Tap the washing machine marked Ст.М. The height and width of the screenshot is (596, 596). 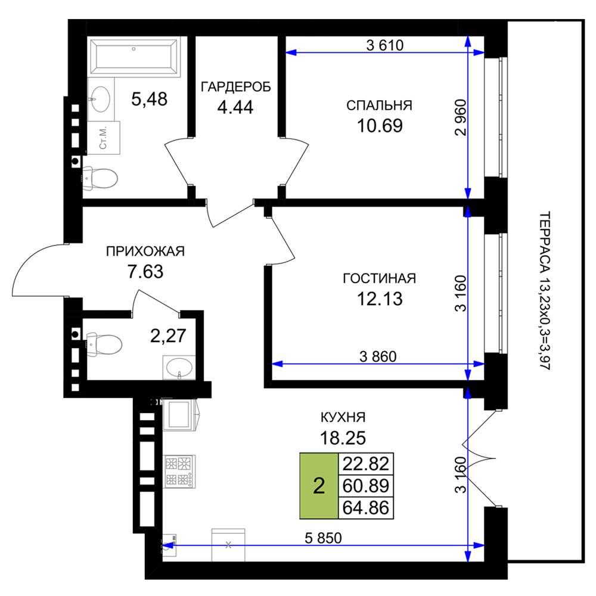[x=104, y=138]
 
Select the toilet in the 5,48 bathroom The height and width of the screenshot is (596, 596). [x=100, y=178]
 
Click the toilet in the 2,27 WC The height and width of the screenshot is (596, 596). [x=104, y=345]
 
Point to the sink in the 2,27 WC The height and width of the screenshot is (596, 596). [x=179, y=367]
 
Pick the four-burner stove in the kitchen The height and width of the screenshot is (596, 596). [x=179, y=471]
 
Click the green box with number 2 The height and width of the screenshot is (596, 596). [x=319, y=486]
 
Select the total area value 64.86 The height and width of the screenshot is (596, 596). [x=366, y=508]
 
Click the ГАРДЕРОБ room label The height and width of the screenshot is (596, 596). [x=235, y=87]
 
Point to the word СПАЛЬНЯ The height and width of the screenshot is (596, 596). [x=379, y=105]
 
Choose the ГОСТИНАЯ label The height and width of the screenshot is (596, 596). [x=379, y=278]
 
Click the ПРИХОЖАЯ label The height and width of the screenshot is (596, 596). [x=145, y=252]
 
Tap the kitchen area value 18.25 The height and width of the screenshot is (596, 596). [x=343, y=438]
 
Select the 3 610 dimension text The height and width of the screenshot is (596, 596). [x=384, y=45]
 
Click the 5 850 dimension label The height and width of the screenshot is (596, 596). [x=323, y=538]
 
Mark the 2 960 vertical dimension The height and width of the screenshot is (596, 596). [x=460, y=117]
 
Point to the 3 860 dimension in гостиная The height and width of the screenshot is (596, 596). [x=378, y=356]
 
